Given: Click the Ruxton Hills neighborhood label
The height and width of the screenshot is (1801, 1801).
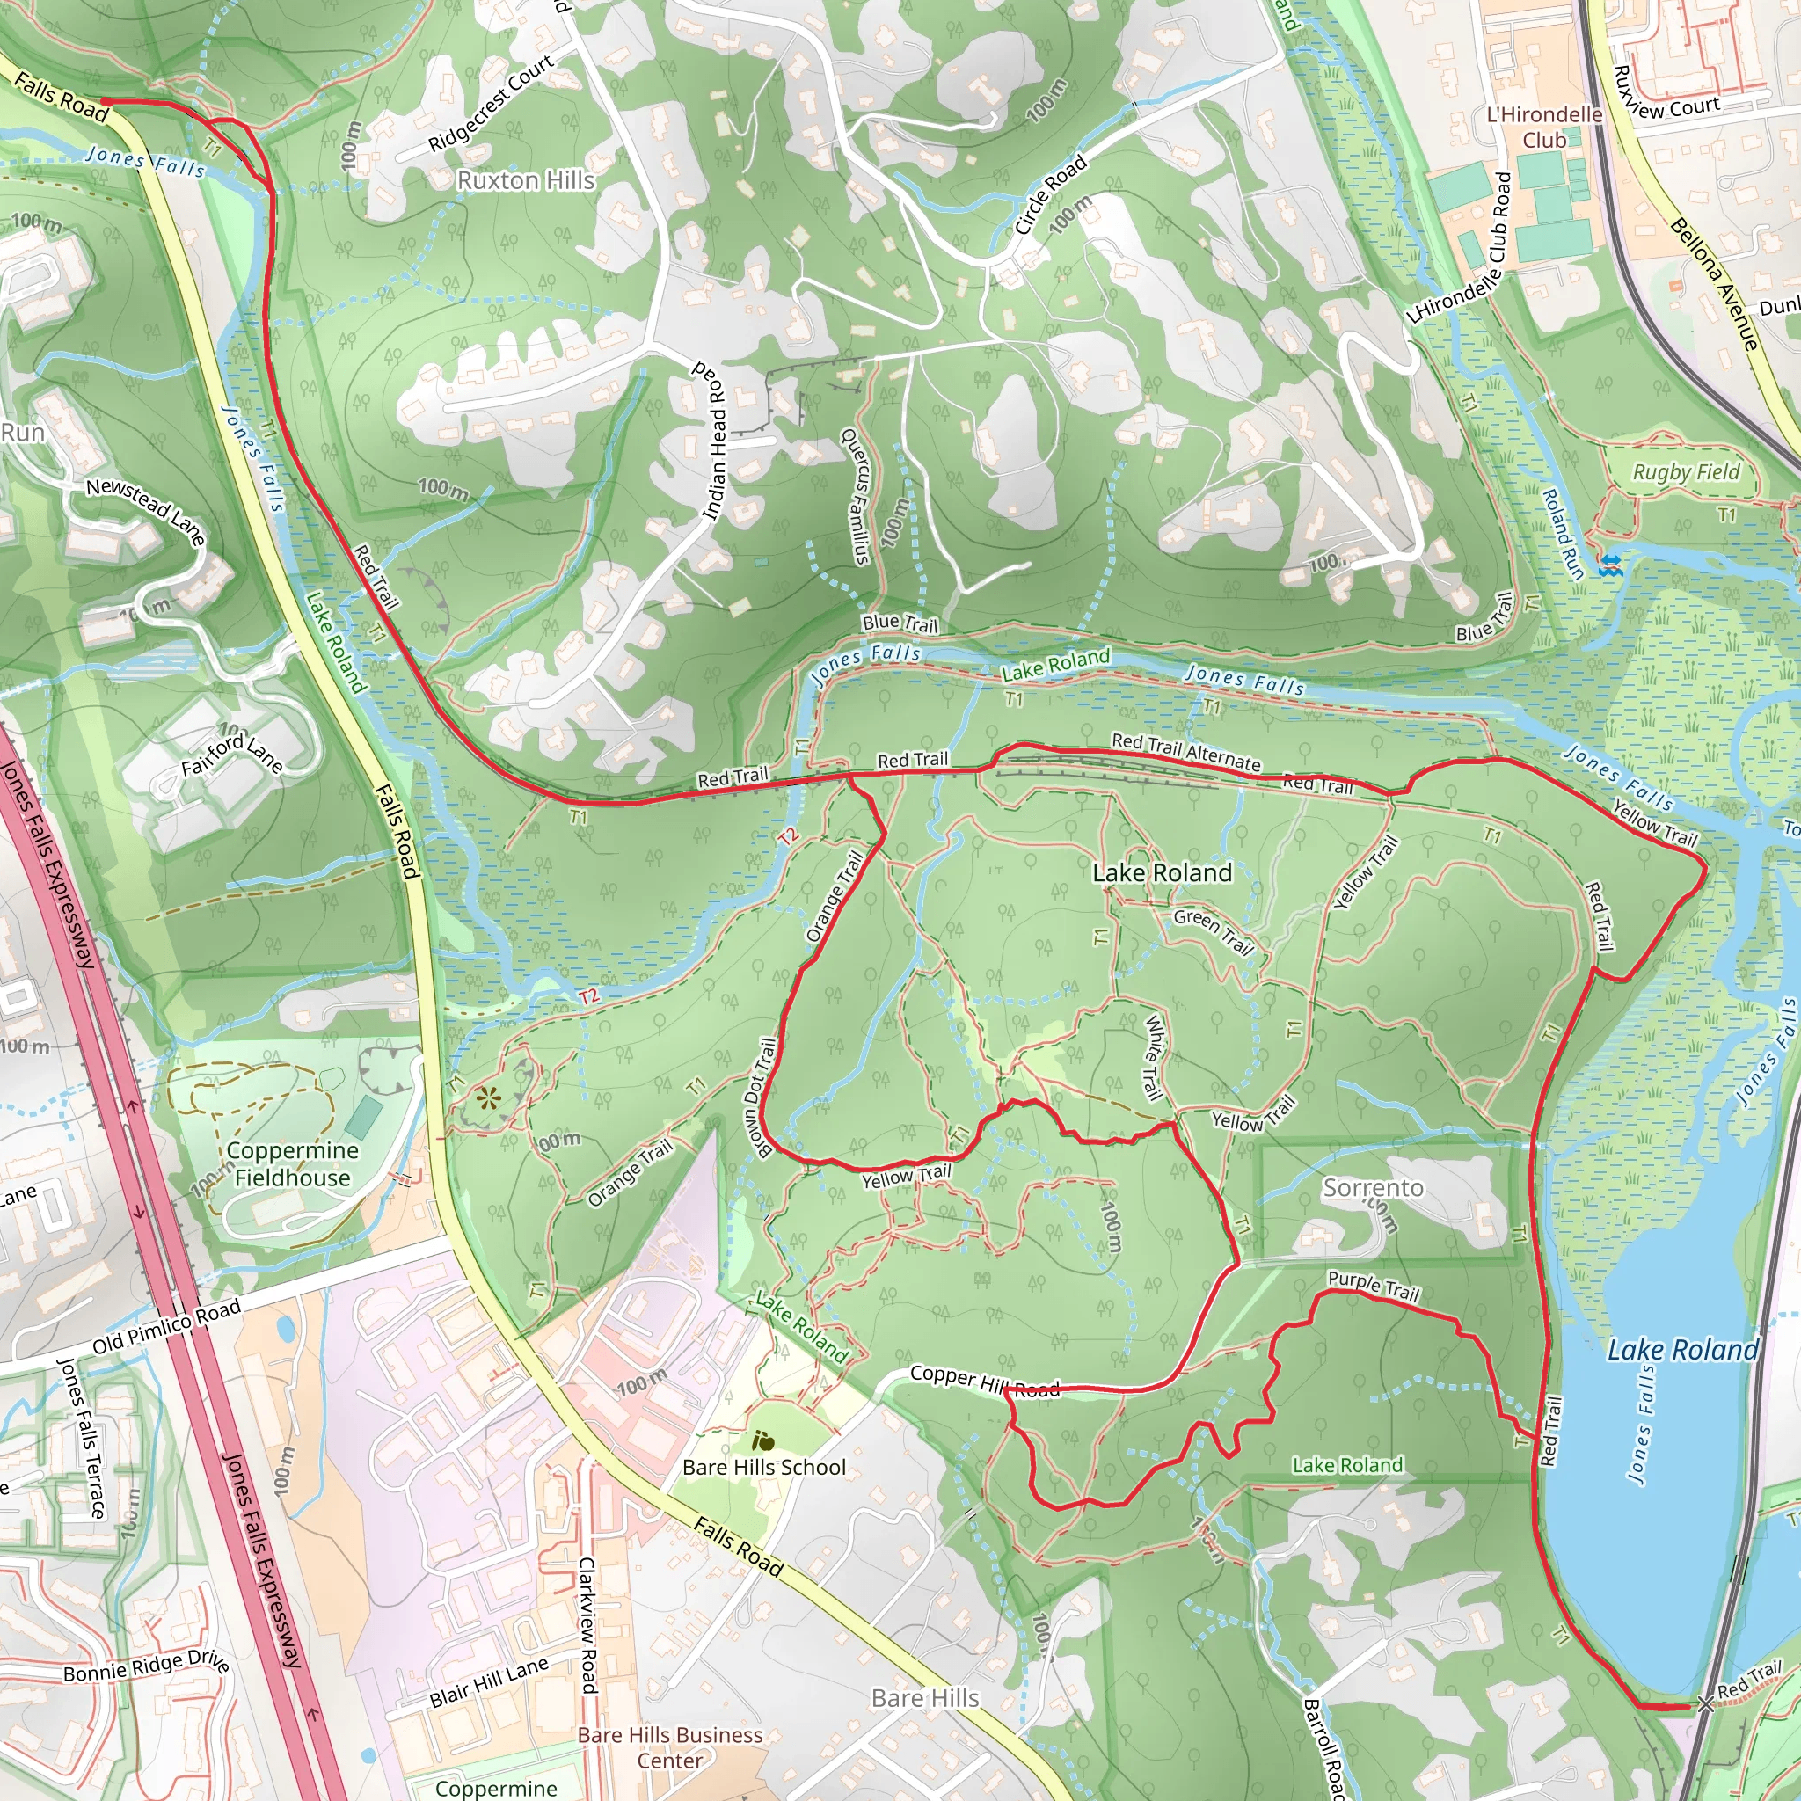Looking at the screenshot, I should (x=525, y=180).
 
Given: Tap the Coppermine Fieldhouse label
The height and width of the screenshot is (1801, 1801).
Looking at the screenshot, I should (x=293, y=1163).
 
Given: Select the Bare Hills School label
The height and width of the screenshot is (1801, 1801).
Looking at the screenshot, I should (x=763, y=1466).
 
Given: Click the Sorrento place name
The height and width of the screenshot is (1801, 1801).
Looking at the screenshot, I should (x=1372, y=1187).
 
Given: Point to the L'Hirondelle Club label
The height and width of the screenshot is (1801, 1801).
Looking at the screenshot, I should (x=1544, y=127).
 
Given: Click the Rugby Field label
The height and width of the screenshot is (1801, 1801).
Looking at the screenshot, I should (x=1686, y=471).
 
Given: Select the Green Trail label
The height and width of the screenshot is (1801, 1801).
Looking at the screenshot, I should (x=1213, y=931).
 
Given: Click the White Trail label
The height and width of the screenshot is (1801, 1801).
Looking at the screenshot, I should (x=1153, y=1056).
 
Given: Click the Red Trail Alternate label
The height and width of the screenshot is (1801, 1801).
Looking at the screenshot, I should (x=1185, y=751).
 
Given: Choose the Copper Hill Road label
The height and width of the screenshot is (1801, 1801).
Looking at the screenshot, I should (x=984, y=1382).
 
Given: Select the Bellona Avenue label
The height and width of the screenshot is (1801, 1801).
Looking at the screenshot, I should (x=1713, y=283).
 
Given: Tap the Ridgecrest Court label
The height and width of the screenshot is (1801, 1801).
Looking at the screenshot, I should (x=492, y=103).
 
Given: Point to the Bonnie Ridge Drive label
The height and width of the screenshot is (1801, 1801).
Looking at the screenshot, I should (x=146, y=1666).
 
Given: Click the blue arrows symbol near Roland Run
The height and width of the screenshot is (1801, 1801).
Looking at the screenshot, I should (x=1610, y=564).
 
